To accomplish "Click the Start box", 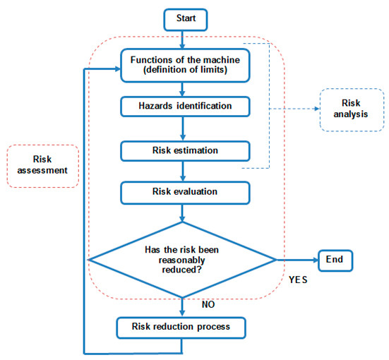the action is (x=186, y=20).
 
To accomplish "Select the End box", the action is (x=335, y=260).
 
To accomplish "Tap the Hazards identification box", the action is (x=185, y=107).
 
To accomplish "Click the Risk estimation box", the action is (x=185, y=151).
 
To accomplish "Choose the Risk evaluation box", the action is (x=185, y=193).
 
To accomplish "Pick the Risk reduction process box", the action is (x=181, y=328).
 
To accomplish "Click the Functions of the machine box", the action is (x=185, y=65).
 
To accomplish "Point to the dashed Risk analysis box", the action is (x=352, y=110).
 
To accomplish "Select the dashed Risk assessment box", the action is (x=42, y=166).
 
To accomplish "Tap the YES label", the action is (x=298, y=280).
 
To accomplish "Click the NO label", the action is (x=208, y=304).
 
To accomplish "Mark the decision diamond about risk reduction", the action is (x=183, y=260).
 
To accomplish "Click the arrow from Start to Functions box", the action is (x=182, y=40).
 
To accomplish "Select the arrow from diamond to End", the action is (x=297, y=260).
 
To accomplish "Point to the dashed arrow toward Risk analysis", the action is (x=294, y=109).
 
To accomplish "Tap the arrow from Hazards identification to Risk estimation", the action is (x=183, y=128).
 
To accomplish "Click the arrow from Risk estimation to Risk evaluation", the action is (x=183, y=172).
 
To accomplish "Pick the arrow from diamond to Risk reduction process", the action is (x=182, y=307).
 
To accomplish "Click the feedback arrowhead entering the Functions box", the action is (x=118, y=69).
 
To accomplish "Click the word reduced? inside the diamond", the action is (x=182, y=270).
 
